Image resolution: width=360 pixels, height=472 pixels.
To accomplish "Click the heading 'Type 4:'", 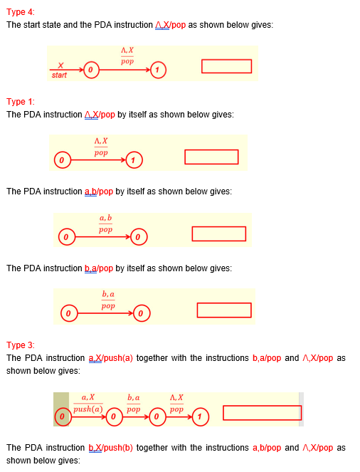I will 20,12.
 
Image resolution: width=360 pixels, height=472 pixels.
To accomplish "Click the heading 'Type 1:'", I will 20,102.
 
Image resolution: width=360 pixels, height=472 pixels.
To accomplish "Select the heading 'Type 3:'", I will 20,345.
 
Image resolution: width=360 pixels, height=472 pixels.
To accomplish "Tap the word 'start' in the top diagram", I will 59,75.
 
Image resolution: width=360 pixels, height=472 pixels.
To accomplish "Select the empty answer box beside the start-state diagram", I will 226,66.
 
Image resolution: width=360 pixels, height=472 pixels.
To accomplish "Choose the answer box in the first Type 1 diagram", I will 211,157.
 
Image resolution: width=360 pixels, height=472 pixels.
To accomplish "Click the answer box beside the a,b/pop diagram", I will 218,234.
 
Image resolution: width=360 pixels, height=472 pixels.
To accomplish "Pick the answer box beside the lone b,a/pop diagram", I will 224,310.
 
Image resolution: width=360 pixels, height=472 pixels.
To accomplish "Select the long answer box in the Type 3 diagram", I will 262,413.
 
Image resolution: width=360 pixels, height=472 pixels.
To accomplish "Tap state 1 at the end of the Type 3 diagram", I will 201,414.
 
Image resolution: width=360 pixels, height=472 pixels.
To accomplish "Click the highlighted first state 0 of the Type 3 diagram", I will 62,414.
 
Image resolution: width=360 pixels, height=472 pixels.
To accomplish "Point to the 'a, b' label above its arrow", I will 106,217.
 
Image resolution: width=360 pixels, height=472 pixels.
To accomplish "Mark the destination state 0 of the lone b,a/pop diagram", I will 141,312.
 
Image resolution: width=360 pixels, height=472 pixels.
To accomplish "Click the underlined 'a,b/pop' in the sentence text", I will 99,192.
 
